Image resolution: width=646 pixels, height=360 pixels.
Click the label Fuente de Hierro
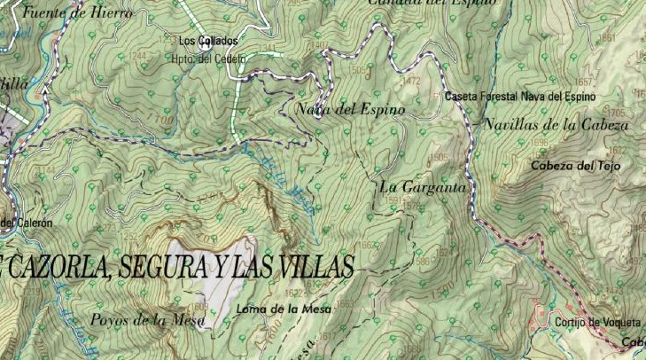point(77,12)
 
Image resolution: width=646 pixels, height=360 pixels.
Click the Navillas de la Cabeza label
point(556,125)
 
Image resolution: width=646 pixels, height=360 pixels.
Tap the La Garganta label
point(422,187)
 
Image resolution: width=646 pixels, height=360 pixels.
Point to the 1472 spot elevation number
point(411,81)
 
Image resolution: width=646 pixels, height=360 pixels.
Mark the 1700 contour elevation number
point(160,117)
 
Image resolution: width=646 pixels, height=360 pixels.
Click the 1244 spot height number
point(138,56)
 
